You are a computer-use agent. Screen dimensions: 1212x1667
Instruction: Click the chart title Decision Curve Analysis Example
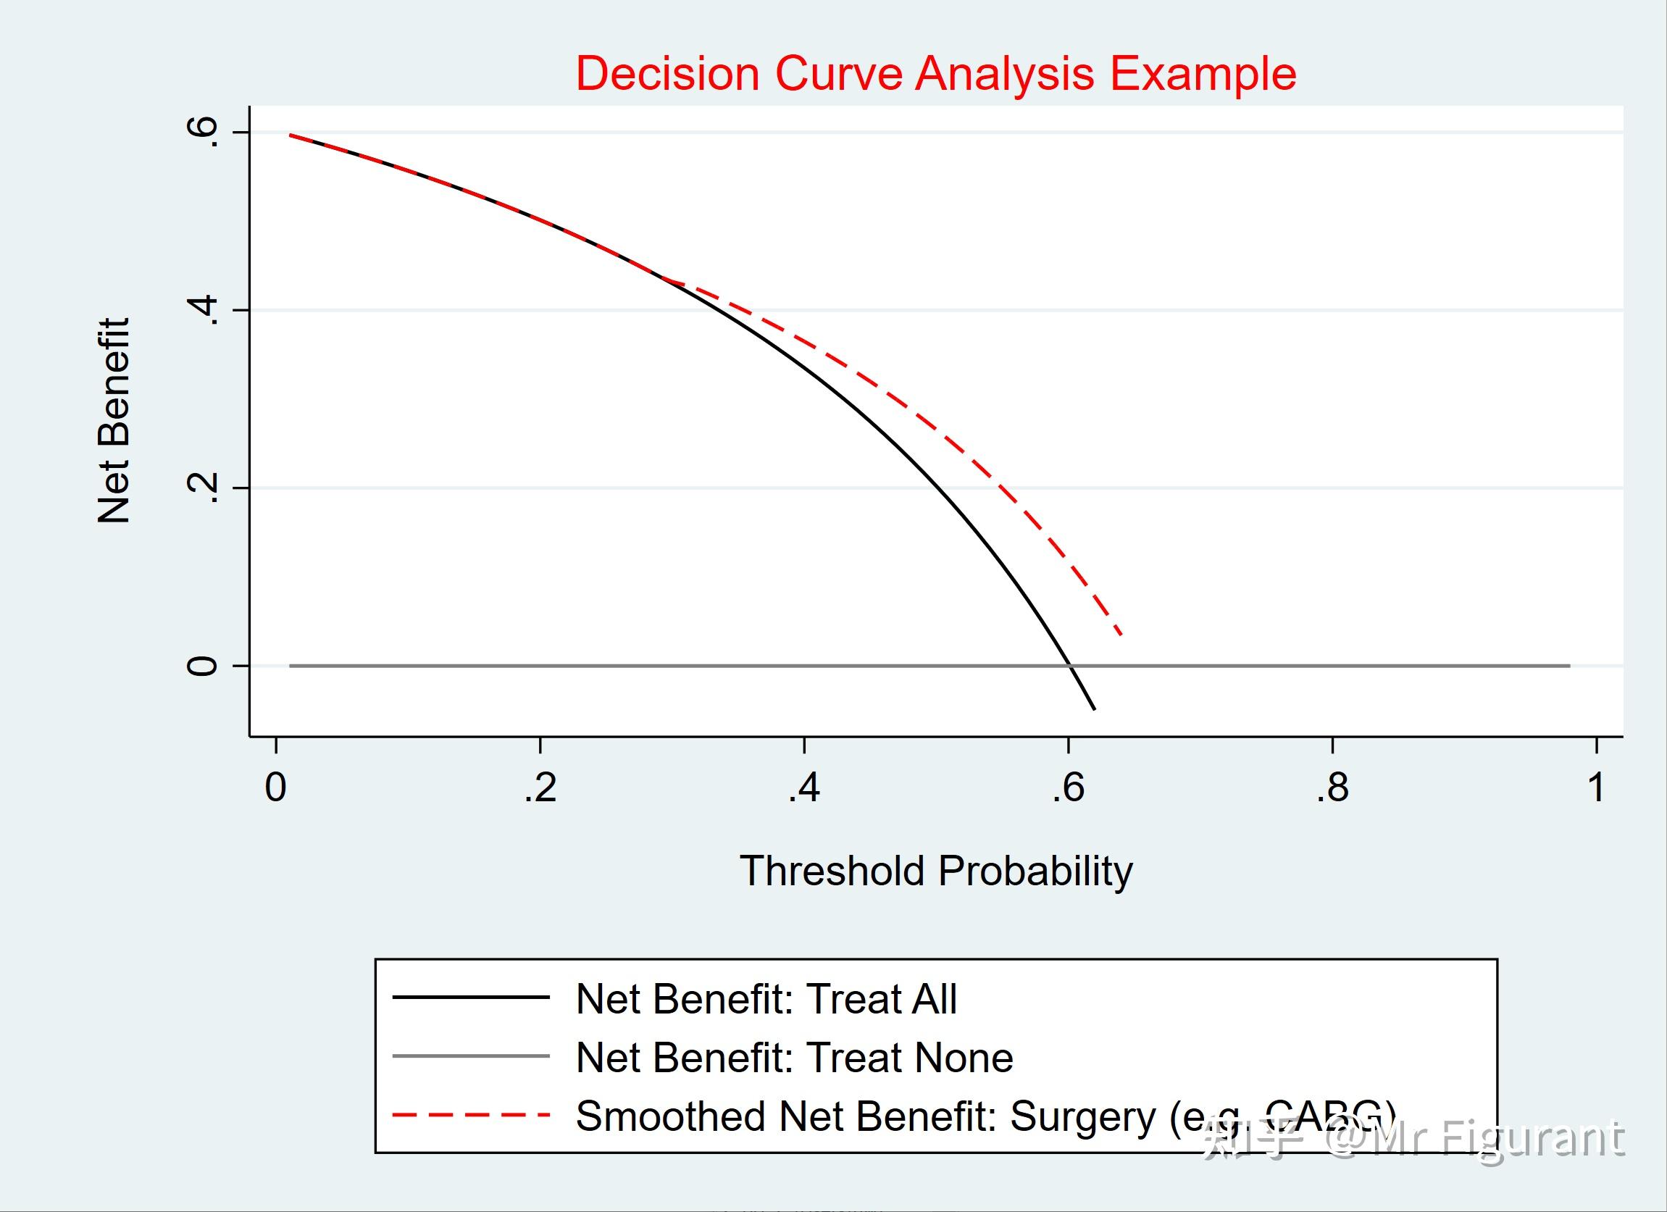pos(935,73)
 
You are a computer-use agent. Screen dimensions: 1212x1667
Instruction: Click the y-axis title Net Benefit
pos(114,420)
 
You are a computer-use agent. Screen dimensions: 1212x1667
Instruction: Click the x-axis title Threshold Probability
pos(936,871)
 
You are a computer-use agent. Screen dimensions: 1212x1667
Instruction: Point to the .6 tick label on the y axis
pos(203,133)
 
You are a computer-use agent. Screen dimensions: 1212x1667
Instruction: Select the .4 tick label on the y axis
pos(203,310)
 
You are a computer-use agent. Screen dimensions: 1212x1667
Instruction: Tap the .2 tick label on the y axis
pos(203,488)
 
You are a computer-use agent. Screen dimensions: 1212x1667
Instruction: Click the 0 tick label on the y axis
pos(203,666)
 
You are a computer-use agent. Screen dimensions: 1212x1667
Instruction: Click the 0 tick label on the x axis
pos(275,788)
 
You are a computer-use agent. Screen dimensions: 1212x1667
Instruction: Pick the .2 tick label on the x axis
pos(540,788)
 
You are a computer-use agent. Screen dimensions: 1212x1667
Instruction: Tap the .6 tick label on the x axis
pos(1067,788)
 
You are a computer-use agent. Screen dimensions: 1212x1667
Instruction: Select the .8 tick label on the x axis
pos(1332,788)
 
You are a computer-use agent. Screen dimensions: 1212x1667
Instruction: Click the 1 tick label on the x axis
pos(1596,788)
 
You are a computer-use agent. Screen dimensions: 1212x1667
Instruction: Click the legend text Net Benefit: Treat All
pos(766,999)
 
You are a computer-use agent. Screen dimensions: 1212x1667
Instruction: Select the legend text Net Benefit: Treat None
pos(794,1058)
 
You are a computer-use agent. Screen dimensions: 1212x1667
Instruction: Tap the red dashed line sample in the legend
pos(471,1115)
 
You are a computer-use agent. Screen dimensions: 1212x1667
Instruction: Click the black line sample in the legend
pos(471,998)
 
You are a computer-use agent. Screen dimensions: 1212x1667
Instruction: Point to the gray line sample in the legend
pos(471,1056)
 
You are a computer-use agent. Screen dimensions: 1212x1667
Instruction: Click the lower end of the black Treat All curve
pos(1095,709)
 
